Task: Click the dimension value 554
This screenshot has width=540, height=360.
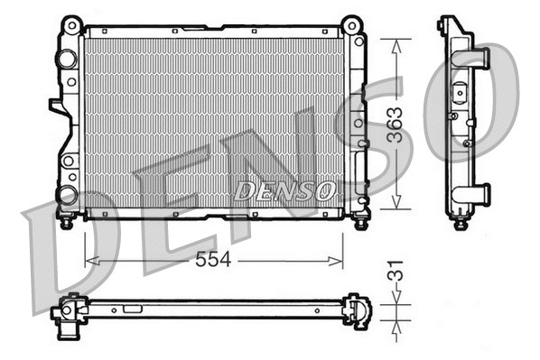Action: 213,260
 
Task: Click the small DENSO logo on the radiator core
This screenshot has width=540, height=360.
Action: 284,191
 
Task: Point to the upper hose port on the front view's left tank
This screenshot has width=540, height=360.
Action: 66,60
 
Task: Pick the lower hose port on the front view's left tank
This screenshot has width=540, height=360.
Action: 66,193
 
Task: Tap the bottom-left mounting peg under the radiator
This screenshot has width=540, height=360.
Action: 65,221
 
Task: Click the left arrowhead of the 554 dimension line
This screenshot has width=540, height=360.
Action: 88,261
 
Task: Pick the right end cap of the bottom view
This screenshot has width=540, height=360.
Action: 358,310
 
